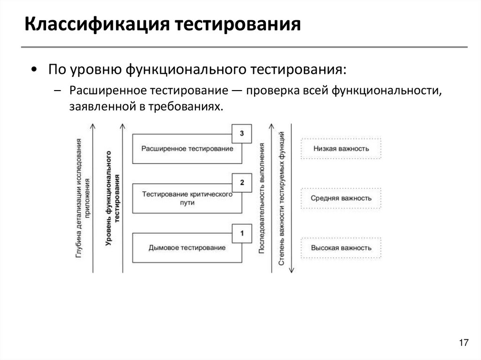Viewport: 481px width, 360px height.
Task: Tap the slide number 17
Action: (464, 343)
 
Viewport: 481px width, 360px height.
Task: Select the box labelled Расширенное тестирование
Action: (187, 149)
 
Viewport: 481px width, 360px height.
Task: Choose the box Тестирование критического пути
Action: (187, 198)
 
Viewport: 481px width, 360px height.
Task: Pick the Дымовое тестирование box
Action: (187, 247)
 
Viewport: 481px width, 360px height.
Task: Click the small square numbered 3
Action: (241, 134)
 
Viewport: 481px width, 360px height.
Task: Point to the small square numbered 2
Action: (241, 183)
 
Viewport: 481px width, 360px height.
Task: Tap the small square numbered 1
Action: (241, 232)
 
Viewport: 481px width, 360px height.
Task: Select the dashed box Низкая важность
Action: (341, 149)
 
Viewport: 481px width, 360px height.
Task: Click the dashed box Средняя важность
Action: (341, 198)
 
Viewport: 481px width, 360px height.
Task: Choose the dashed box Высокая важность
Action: (341, 248)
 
